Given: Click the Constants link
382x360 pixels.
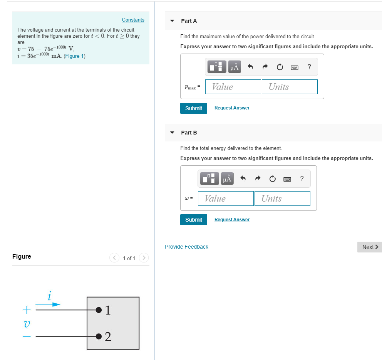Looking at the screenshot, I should pyautogui.click(x=133, y=20).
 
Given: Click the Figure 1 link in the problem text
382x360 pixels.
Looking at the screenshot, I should pyautogui.click(x=75, y=56).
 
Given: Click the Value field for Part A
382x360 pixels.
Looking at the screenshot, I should pyautogui.click(x=233, y=87).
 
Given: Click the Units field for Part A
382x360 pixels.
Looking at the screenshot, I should pyautogui.click(x=289, y=87).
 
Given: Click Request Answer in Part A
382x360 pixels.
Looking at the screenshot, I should pyautogui.click(x=232, y=108).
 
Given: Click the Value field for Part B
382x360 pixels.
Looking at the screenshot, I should pyautogui.click(x=226, y=199).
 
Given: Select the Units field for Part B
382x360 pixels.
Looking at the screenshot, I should pyautogui.click(x=282, y=199).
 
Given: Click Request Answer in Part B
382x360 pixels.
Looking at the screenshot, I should pyautogui.click(x=232, y=220).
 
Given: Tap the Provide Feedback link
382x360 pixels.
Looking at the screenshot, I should pyautogui.click(x=186, y=247).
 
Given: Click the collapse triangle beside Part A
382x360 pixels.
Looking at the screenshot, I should pyautogui.click(x=172, y=21).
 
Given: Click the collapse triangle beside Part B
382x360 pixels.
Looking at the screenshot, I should pyautogui.click(x=172, y=133).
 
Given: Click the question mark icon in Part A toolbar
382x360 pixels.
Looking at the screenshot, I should pyautogui.click(x=309, y=67).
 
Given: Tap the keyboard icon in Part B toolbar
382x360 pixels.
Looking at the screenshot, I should pyautogui.click(x=287, y=179).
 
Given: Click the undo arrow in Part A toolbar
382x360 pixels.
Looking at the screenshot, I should pyautogui.click(x=250, y=67).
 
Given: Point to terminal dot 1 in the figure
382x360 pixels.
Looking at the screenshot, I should pyautogui.click(x=99, y=310).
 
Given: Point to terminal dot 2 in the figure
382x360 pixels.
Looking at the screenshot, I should pyautogui.click(x=99, y=336).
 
